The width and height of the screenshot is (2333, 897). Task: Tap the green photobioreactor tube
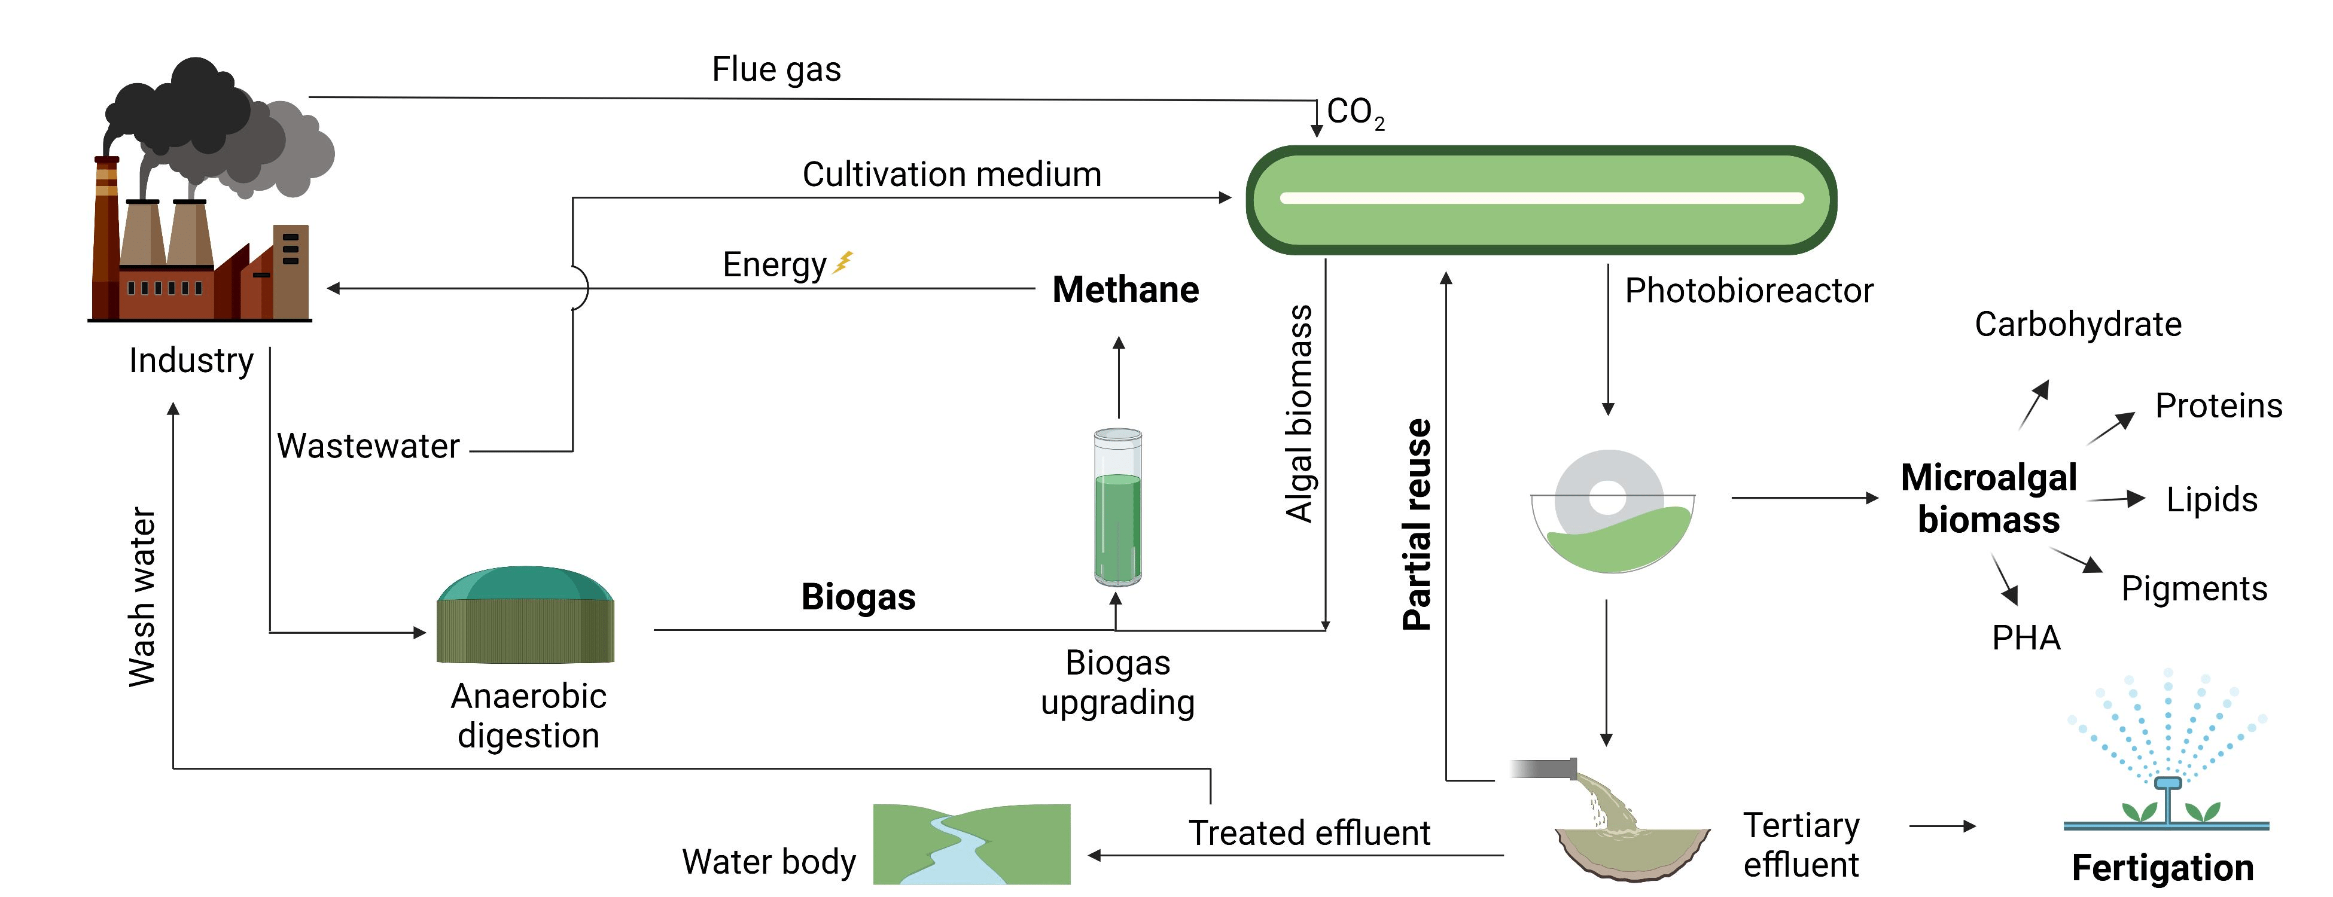tap(1540, 199)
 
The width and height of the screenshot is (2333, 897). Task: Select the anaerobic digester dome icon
tap(525, 615)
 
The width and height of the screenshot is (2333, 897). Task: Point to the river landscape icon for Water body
tap(971, 844)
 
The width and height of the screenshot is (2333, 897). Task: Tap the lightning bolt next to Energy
tap(843, 263)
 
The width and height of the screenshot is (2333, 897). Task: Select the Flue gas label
tap(776, 70)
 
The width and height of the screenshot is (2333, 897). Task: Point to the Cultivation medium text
tap(951, 174)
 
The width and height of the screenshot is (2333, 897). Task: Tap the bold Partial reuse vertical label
tap(1417, 525)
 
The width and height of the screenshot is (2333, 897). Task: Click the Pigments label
tap(2194, 588)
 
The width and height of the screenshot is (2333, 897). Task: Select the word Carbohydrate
tap(2078, 324)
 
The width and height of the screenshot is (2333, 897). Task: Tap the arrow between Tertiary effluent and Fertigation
tap(1942, 825)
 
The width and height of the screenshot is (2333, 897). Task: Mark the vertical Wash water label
tap(142, 597)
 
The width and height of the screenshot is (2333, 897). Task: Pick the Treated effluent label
tap(1309, 833)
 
